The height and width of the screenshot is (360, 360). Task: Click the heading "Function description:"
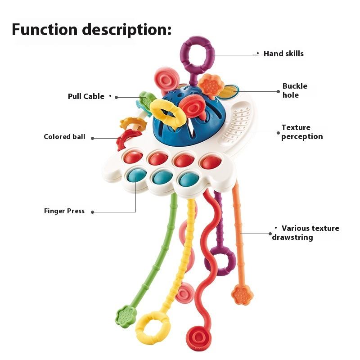click(91, 29)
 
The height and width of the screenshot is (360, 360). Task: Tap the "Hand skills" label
click(283, 54)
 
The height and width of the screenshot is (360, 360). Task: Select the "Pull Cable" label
click(86, 96)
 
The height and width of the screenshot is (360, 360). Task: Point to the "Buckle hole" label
click(295, 90)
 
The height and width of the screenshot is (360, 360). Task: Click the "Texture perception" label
click(302, 132)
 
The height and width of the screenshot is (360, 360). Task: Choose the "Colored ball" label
click(64, 137)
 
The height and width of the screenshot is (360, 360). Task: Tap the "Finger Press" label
click(64, 211)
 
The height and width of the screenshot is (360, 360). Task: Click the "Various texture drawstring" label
click(306, 233)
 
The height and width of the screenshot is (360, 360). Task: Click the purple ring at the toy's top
click(198, 56)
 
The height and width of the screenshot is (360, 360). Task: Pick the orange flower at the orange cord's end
click(242, 295)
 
